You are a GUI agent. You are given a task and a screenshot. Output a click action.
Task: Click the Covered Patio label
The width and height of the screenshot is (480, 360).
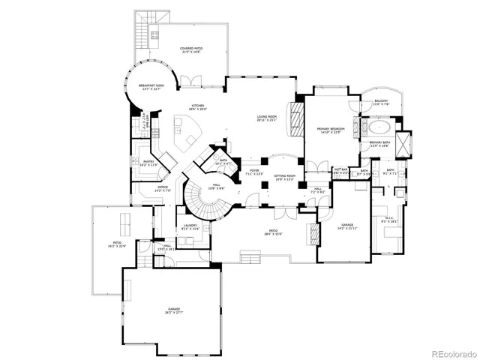[191, 50]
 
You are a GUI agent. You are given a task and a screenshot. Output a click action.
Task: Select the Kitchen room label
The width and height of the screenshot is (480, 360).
[197, 106]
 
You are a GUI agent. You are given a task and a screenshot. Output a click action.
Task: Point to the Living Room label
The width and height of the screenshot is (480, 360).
[267, 118]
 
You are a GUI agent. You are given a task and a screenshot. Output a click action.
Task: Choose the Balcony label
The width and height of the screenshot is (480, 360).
[381, 102]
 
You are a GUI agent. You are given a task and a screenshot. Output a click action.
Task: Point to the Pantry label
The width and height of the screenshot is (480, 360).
[148, 162]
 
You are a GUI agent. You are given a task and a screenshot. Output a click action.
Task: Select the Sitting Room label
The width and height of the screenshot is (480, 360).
[285, 177]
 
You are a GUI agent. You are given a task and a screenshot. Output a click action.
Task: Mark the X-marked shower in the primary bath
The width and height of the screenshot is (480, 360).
[405, 142]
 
